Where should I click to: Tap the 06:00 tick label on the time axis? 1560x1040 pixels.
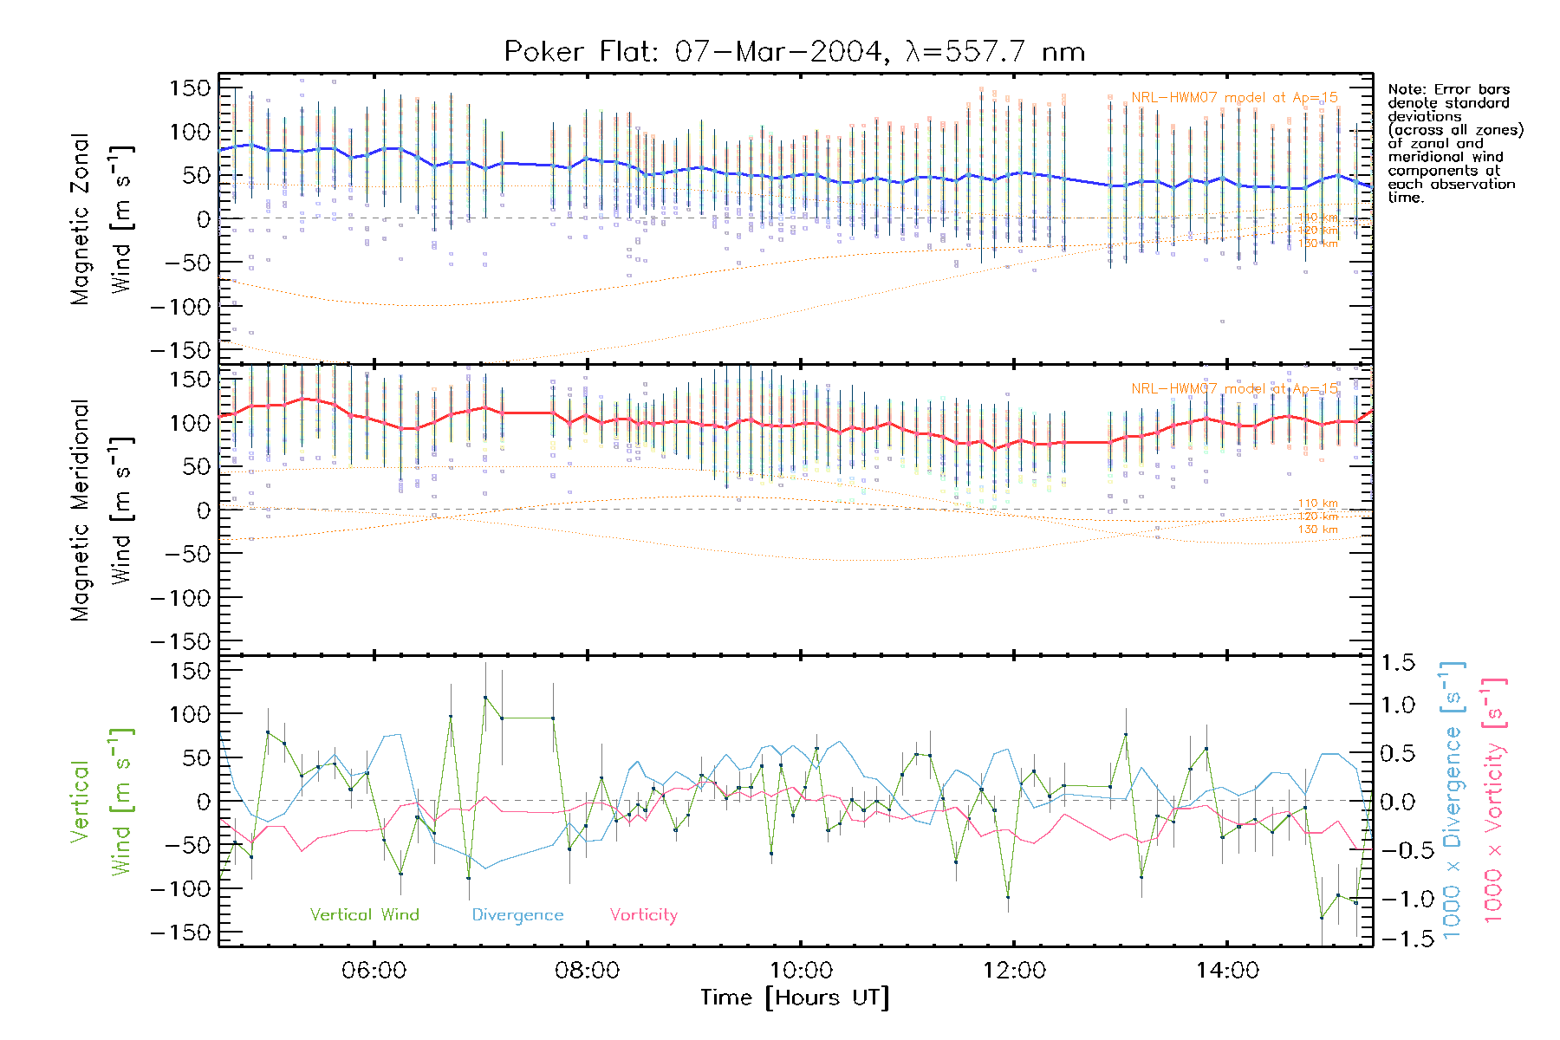[374, 971]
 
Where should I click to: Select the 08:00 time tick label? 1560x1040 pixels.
[587, 971]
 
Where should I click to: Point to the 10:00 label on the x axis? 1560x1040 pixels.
[800, 971]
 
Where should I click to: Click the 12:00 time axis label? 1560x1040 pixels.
[1014, 971]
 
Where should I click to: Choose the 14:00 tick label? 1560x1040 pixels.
[1227, 971]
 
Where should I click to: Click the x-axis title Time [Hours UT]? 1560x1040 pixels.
[794, 998]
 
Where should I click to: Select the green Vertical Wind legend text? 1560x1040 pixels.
[364, 914]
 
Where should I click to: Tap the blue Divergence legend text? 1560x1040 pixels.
[517, 915]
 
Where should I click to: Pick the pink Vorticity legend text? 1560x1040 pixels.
[643, 914]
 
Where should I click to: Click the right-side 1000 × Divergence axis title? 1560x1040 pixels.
[1452, 799]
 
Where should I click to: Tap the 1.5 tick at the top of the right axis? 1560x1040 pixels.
[1397, 663]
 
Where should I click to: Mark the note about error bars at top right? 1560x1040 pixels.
[1454, 143]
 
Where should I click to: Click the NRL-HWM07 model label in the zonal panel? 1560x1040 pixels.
[1234, 98]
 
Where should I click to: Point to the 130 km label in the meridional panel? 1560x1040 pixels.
[1317, 530]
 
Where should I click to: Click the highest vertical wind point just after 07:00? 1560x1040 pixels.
[485, 698]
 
